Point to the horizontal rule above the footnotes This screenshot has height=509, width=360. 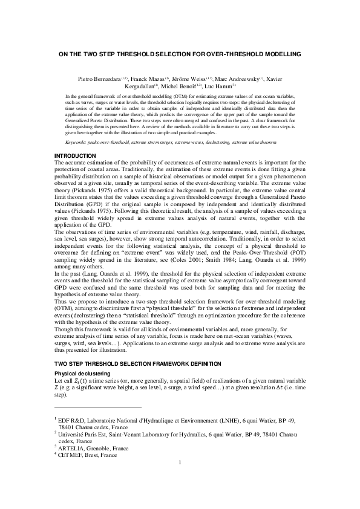click(x=97, y=407)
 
